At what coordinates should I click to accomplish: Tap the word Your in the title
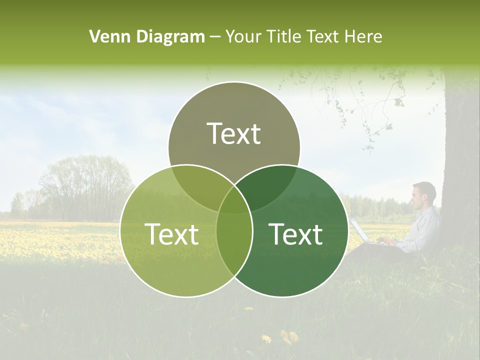[244, 36]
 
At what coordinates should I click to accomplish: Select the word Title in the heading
[283, 36]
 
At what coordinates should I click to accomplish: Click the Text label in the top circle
[234, 133]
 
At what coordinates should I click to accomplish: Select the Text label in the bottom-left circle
[171, 234]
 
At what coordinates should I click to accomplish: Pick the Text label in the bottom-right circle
[296, 234]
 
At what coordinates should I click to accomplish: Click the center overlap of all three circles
[234, 200]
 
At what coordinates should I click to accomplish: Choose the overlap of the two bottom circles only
[234, 245]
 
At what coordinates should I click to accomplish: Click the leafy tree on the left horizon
[85, 185]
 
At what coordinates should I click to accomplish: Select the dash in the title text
[215, 37]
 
